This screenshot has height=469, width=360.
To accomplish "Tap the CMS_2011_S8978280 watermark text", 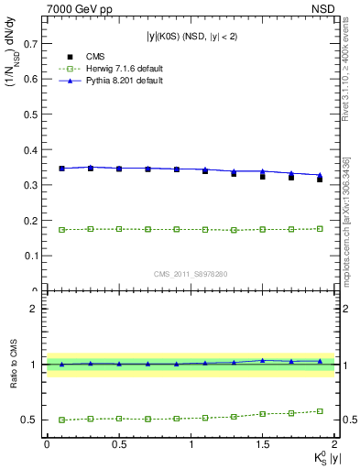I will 191,273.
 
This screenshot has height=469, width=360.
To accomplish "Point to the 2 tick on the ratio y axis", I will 37,309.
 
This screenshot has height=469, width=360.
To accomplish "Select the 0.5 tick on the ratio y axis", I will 31,420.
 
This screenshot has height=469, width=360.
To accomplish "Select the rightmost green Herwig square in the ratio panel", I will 320,411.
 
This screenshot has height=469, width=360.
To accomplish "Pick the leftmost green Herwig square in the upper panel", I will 61,229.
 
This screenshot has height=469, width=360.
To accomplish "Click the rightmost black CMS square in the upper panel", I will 320,179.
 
